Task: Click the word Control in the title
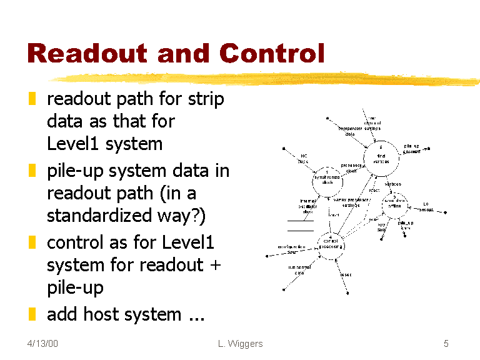point(271,54)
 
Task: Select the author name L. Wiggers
point(241,344)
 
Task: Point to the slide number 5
point(446,344)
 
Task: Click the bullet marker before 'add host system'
point(32,314)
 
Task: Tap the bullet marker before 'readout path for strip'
point(32,99)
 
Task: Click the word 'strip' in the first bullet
point(206,99)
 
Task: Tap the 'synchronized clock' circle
point(327,179)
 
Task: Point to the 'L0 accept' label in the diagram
point(427,207)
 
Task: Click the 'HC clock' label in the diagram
point(304,159)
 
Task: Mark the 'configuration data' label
point(291,249)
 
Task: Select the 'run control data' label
point(299,271)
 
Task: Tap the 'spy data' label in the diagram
point(382,227)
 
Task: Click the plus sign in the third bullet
point(215,265)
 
